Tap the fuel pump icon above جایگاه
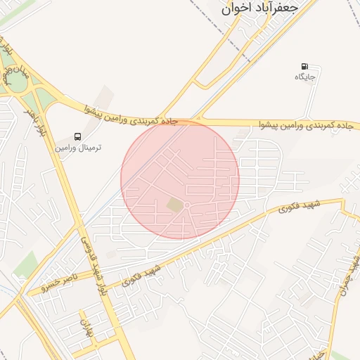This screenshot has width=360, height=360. pyautogui.click(x=304, y=66)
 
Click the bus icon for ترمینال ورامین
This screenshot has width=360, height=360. pyautogui.click(x=77, y=137)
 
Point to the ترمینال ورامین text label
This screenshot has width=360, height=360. pyautogui.click(x=79, y=148)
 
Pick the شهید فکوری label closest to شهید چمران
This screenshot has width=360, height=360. pyautogui.click(x=298, y=207)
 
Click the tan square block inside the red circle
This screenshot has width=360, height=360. pyautogui.click(x=174, y=205)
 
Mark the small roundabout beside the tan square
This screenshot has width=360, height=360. pyautogui.click(x=188, y=205)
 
